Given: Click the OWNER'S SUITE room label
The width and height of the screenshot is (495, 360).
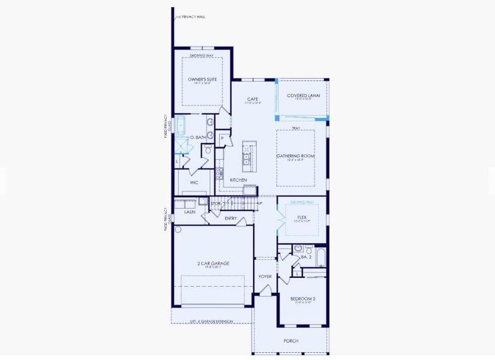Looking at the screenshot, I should (x=202, y=79).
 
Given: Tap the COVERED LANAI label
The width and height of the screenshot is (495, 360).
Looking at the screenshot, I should (x=303, y=95).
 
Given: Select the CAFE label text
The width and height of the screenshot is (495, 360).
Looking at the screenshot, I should (x=253, y=99).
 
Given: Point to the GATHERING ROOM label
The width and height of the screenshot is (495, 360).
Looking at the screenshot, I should (x=295, y=156).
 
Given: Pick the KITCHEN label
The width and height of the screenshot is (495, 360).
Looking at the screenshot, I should (x=239, y=180).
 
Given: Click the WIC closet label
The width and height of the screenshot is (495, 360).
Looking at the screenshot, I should (x=194, y=182).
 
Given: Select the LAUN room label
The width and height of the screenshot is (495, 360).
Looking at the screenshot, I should (x=190, y=212).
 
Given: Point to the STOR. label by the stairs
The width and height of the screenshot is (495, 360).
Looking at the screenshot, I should (x=216, y=204).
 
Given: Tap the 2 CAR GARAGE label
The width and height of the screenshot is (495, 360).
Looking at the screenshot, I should (x=213, y=263).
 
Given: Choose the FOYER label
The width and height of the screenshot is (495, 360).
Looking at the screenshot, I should (x=265, y=277).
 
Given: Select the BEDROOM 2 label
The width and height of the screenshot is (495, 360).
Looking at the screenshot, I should (x=303, y=298).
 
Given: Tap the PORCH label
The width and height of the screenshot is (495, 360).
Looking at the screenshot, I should (x=291, y=341).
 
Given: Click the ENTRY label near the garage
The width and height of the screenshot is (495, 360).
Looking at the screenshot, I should (x=231, y=218).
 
